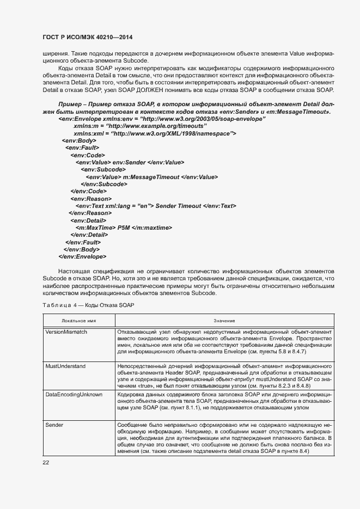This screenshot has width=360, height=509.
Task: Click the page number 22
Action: point(46,462)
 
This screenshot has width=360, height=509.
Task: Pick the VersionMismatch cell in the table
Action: point(66,332)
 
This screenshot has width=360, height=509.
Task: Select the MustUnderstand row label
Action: point(65,366)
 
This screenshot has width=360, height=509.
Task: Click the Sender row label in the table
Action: point(54,425)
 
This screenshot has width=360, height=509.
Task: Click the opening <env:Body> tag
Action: point(80,140)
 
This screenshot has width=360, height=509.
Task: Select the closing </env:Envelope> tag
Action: point(82,256)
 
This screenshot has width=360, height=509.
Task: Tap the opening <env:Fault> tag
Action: point(82,148)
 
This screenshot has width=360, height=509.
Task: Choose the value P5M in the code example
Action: point(117,227)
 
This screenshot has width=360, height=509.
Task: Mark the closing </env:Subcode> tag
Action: point(104,184)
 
